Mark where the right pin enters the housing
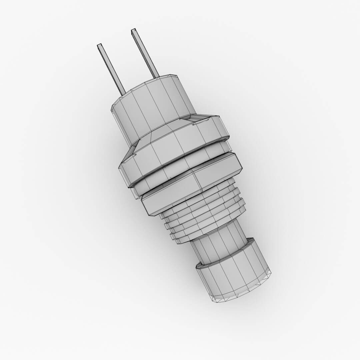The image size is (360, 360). (156, 76)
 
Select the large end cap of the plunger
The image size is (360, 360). (233, 273)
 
